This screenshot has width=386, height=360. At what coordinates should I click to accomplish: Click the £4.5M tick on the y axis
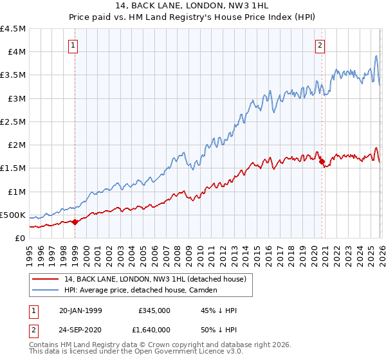(x=13, y=29)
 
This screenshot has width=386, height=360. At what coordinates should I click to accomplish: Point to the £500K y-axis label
(x=13, y=215)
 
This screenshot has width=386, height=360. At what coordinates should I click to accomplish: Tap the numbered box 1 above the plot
(x=74, y=45)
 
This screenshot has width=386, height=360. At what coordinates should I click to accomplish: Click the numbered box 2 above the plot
(x=320, y=45)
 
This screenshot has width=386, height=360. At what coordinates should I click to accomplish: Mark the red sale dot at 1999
(x=75, y=222)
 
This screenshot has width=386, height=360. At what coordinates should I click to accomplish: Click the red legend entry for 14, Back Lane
(x=154, y=279)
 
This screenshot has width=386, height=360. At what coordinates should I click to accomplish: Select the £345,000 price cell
(x=154, y=310)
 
